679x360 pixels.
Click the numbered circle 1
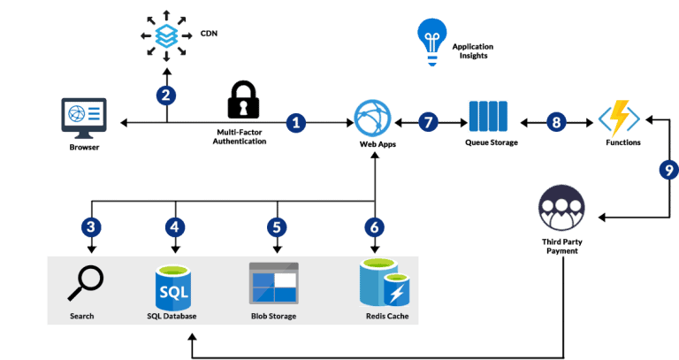pos(297,121)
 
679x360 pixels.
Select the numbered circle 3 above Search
pos(88,226)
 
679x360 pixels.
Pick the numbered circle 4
pos(175,226)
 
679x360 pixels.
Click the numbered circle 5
pos(277,226)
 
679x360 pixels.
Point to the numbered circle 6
pos(375,226)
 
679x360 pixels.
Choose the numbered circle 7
pos(429,121)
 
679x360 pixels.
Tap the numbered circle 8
pos(556,121)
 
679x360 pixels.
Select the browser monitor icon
pos(84,118)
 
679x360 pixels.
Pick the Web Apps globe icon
pos(371,119)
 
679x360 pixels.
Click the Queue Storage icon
pos(488,117)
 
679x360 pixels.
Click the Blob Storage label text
pos(273,316)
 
